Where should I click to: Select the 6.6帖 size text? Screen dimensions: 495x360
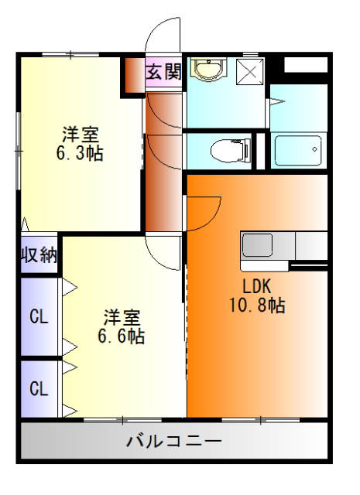(122, 336)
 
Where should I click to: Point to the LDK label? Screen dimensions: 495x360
(257, 284)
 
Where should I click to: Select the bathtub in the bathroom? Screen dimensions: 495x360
(299, 148)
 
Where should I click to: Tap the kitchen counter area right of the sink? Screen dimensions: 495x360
(310, 246)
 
